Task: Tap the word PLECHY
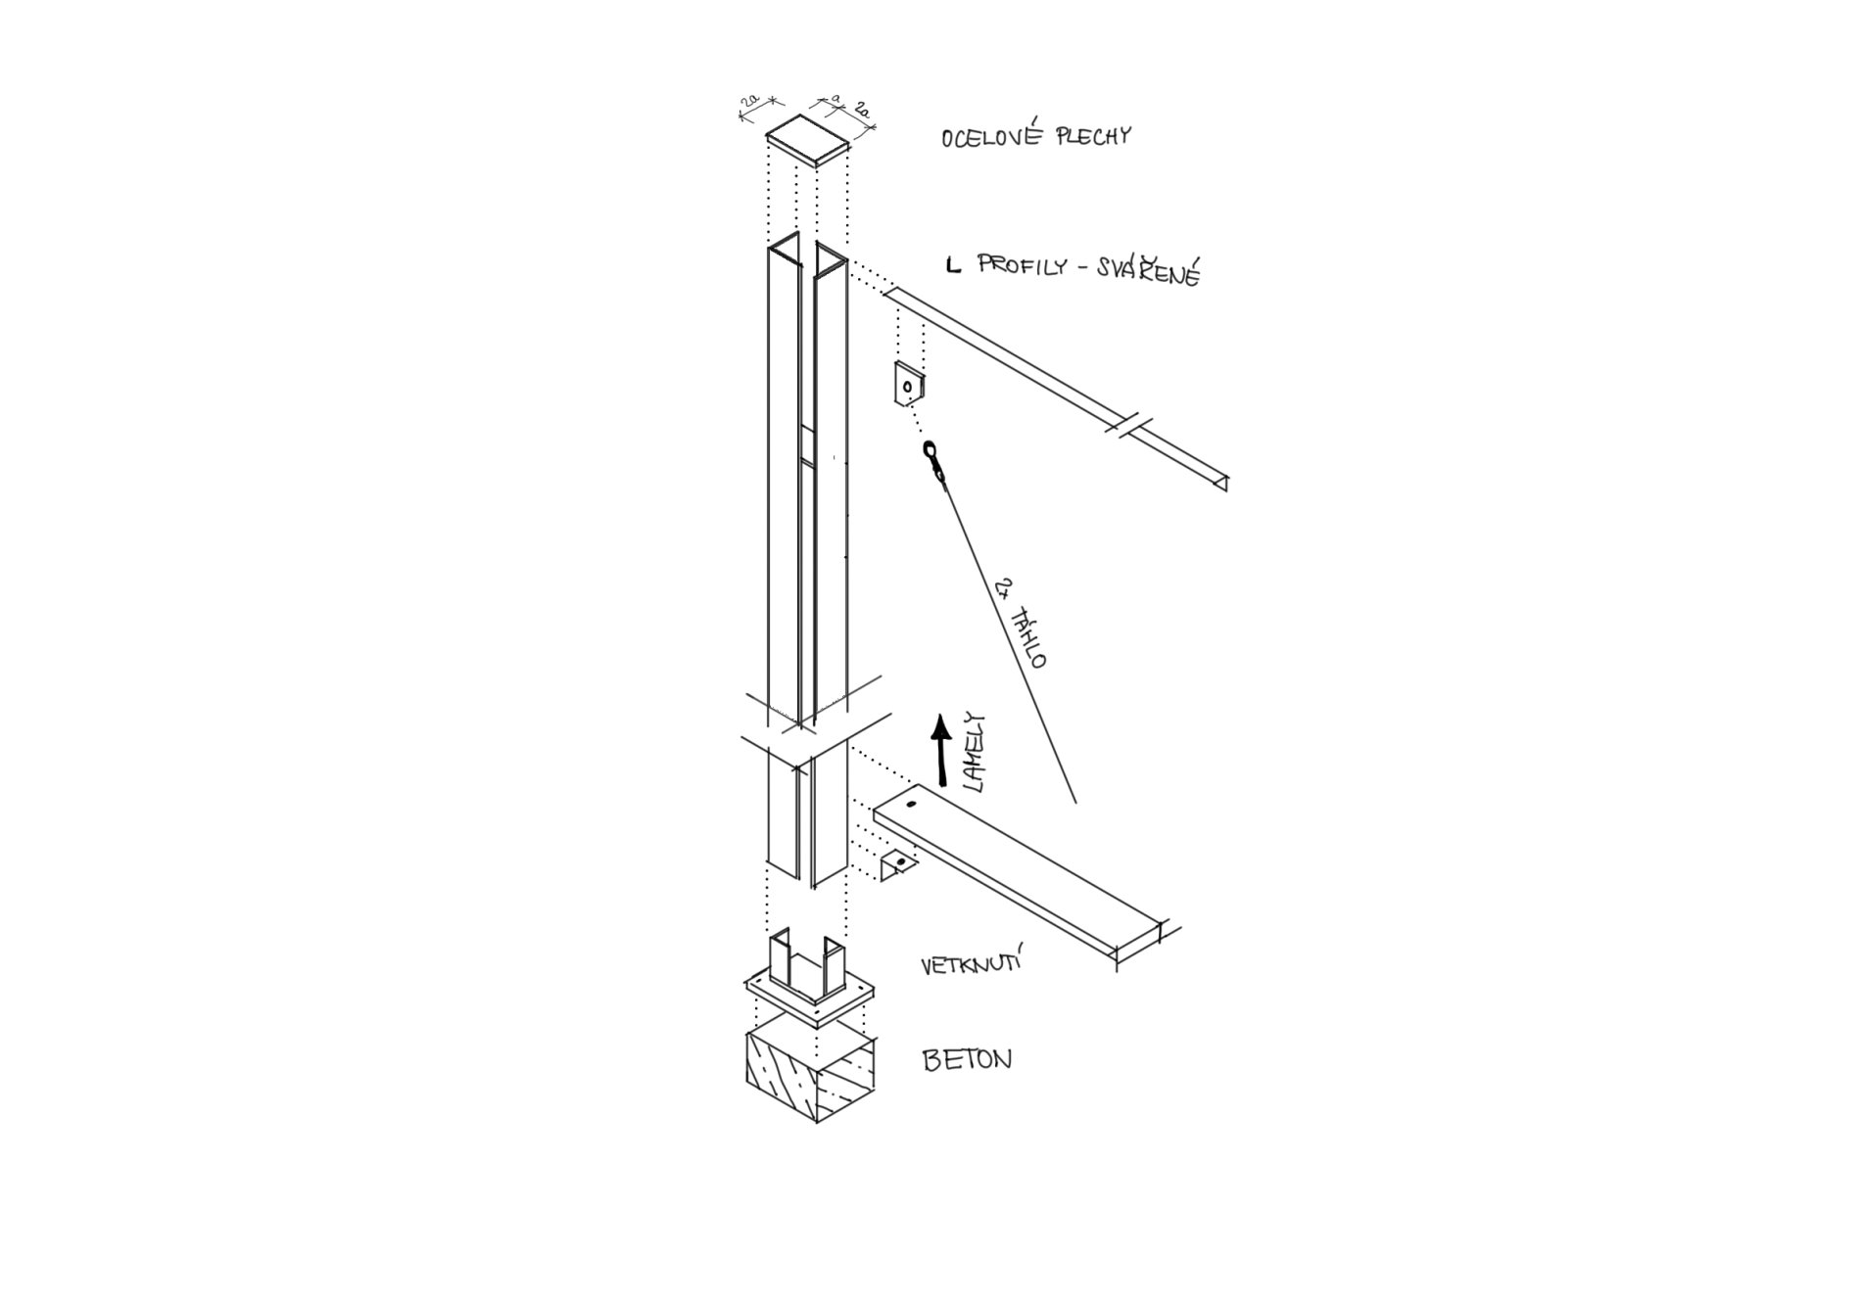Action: point(1093,135)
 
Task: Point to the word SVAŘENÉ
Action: point(1150,269)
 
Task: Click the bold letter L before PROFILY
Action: point(953,264)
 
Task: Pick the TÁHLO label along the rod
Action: point(1030,637)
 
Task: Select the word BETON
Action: point(968,1059)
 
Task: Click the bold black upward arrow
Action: point(941,751)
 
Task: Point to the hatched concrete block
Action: point(810,1074)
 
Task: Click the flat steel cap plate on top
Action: point(808,138)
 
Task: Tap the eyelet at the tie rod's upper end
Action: point(930,451)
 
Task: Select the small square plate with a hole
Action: point(910,384)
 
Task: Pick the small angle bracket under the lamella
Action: point(897,864)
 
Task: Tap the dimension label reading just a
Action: point(835,99)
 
